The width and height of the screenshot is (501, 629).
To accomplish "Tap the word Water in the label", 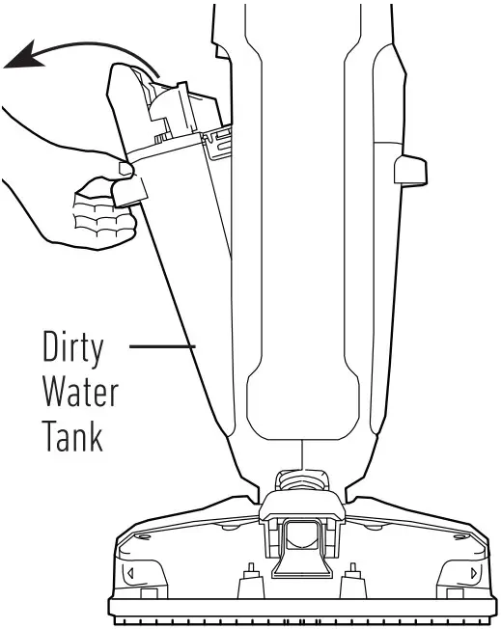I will point(80,394).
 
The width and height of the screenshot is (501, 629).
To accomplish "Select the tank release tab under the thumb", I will point(128,187).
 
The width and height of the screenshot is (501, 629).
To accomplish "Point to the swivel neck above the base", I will point(301,478).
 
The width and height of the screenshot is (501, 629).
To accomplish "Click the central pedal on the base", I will point(300,554).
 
